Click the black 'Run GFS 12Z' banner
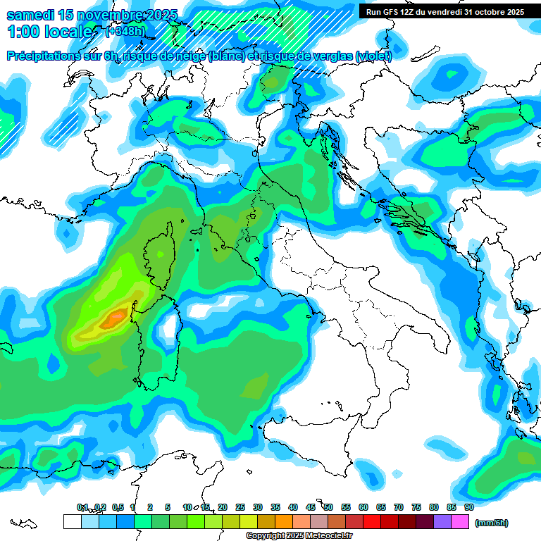click(x=444, y=12)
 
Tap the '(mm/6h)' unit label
click(x=491, y=522)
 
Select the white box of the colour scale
click(x=72, y=521)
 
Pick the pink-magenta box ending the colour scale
click(x=460, y=521)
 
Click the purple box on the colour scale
click(x=442, y=521)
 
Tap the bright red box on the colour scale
click(x=372, y=521)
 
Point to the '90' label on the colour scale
click(x=468, y=507)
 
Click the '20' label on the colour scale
click(x=223, y=507)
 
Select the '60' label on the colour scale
click(x=363, y=507)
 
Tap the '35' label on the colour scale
click(x=275, y=507)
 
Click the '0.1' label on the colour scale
click(x=82, y=507)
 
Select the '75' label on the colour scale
click(x=416, y=507)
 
